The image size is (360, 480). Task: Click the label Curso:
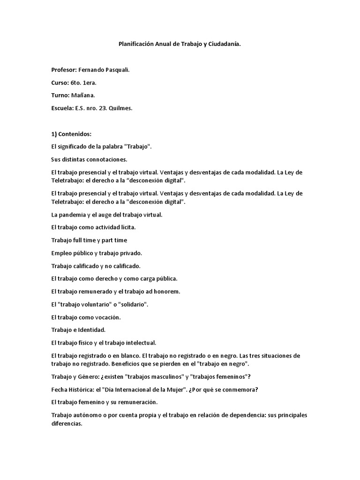pyautogui.click(x=60, y=82)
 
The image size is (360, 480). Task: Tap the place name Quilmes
pyautogui.click(x=121, y=108)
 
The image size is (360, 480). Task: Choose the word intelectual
pyautogui.click(x=139, y=343)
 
